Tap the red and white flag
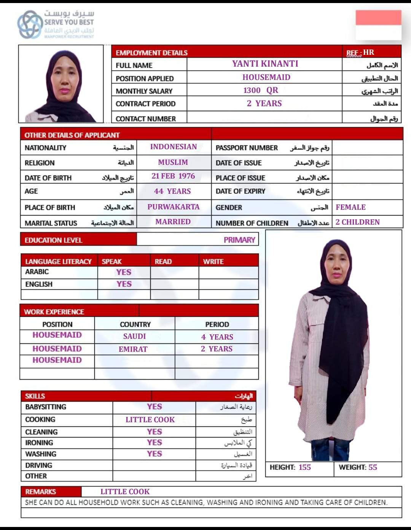click(378, 25)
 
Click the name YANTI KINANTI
click(265, 64)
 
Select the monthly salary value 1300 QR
click(261, 90)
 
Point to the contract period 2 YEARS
click(264, 103)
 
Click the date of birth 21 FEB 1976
click(173, 176)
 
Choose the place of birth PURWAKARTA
click(174, 207)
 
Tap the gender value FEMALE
click(350, 207)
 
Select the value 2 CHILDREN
click(357, 222)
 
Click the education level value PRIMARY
click(239, 240)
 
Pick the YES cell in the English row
click(124, 284)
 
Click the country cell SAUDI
click(134, 336)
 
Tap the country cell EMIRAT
click(133, 349)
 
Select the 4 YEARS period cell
click(217, 337)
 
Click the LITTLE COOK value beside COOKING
click(150, 420)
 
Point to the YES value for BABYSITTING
click(154, 407)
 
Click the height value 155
click(304, 467)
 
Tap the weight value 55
click(373, 467)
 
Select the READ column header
click(163, 262)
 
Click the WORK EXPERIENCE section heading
click(54, 312)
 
